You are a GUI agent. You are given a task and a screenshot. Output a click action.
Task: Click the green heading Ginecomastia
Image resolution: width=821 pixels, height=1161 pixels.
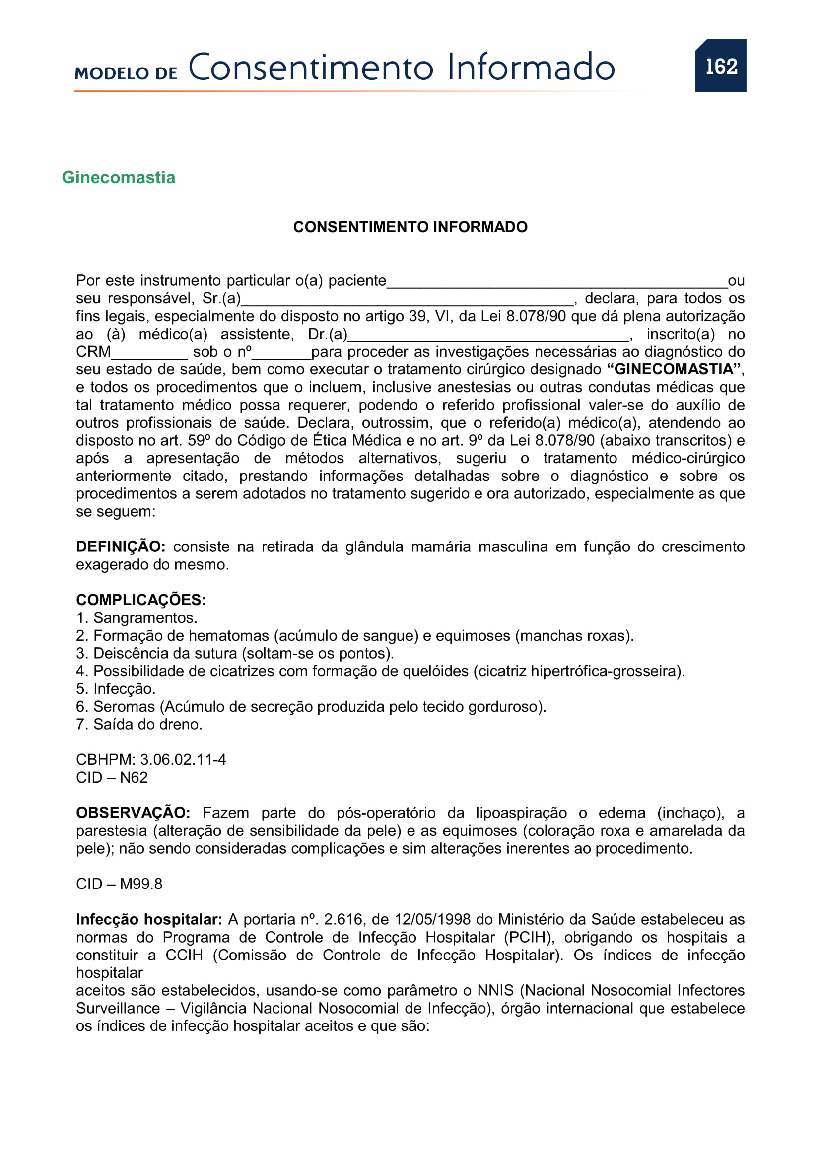pyautogui.click(x=118, y=178)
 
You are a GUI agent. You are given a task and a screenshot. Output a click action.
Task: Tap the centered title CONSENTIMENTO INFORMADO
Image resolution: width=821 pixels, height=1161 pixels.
pyautogui.click(x=410, y=227)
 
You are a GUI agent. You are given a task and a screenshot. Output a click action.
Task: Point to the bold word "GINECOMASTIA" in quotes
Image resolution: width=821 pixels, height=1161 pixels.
pyautogui.click(x=675, y=369)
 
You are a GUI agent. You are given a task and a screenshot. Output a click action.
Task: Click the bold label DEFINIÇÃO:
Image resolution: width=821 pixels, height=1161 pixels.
pyautogui.click(x=120, y=546)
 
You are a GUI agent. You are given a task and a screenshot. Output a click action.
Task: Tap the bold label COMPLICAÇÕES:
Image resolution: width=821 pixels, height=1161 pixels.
pyautogui.click(x=141, y=600)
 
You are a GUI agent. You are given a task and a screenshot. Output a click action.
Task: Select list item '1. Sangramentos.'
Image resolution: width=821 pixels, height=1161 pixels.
pyautogui.click(x=137, y=618)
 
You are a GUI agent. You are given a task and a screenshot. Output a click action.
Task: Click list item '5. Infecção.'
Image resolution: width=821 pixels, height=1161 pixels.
pyautogui.click(x=116, y=689)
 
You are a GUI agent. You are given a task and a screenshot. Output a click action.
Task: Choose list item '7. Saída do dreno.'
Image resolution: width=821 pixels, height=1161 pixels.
pyautogui.click(x=139, y=724)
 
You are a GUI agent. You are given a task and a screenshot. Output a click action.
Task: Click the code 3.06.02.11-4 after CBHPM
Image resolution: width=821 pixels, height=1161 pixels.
pyautogui.click(x=183, y=759)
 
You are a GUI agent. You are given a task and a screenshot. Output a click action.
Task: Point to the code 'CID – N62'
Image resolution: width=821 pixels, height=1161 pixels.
pyautogui.click(x=112, y=777)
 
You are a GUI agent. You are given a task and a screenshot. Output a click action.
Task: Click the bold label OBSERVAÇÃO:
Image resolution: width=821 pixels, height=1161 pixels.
pyautogui.click(x=133, y=813)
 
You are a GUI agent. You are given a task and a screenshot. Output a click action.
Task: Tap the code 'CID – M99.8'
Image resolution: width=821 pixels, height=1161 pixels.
pyautogui.click(x=119, y=884)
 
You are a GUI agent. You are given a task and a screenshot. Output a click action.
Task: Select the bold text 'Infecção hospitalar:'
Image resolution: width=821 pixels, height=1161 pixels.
pyautogui.click(x=149, y=919)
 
